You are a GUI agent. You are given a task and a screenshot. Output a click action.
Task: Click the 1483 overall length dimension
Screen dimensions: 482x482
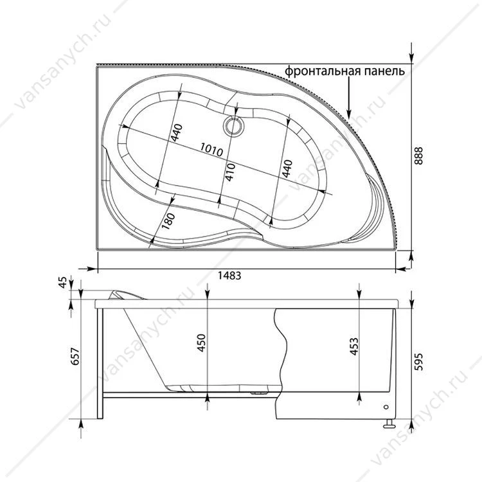pos(229,276)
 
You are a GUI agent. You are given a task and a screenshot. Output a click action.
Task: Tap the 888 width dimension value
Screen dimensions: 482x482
pos(418,156)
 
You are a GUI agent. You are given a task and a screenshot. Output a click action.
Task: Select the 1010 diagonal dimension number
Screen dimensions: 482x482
pos(211,150)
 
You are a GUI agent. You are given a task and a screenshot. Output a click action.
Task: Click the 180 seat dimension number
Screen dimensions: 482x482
pos(168,220)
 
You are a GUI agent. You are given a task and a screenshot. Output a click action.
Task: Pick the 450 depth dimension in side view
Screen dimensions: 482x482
pos(201,343)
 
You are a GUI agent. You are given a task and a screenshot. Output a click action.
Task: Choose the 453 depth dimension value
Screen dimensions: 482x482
pos(354,346)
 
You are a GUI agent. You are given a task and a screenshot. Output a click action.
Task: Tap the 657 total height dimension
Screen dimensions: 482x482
pos(76,357)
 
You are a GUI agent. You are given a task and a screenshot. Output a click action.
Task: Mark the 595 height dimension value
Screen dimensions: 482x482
pos(418,362)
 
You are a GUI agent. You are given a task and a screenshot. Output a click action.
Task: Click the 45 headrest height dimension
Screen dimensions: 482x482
pos(62,283)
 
